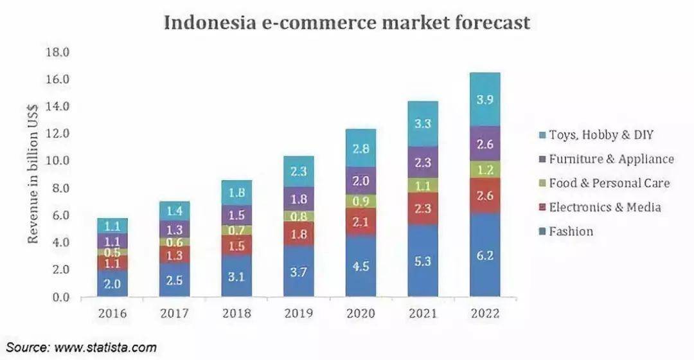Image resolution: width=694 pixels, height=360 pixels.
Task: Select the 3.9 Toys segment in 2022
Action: click(x=485, y=100)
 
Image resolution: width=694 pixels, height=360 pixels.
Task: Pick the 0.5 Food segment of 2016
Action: click(x=112, y=252)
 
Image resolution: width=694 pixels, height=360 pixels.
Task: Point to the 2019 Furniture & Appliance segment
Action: click(x=299, y=199)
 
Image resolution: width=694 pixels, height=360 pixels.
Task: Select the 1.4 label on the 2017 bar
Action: click(x=173, y=211)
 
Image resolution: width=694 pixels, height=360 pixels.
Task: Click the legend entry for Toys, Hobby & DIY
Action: click(x=601, y=135)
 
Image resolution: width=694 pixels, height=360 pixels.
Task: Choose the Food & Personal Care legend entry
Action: click(x=609, y=183)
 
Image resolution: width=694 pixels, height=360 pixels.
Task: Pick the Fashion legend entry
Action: click(x=571, y=231)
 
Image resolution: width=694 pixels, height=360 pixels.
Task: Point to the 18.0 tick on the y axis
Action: click(x=57, y=52)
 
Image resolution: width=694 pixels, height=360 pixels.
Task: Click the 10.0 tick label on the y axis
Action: click(x=57, y=161)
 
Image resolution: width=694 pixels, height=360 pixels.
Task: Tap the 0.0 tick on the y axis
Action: click(x=60, y=297)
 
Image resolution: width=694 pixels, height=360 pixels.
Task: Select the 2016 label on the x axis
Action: click(x=112, y=314)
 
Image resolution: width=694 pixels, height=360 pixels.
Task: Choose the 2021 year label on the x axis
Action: click(x=423, y=314)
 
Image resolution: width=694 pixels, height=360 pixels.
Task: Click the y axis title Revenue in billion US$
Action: click(x=33, y=174)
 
